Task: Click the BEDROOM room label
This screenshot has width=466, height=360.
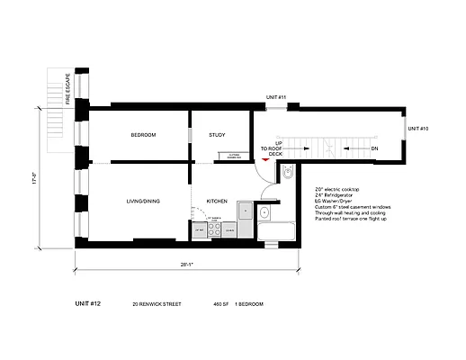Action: [143, 135]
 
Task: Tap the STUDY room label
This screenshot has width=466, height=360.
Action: [217, 135]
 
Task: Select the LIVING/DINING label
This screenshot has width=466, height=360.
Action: [143, 201]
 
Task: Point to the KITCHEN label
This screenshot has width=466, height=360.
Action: [217, 201]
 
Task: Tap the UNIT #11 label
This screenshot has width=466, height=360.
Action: [275, 97]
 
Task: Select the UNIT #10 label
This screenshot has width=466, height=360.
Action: [417, 129]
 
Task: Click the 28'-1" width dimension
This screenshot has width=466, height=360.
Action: [186, 265]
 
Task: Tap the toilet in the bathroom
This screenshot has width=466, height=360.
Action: [288, 175]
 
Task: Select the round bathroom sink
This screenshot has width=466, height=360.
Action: [264, 214]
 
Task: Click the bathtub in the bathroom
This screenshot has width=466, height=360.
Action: [278, 233]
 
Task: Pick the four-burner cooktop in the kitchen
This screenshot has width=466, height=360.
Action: [214, 229]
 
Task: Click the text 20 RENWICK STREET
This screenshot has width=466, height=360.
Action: [157, 305]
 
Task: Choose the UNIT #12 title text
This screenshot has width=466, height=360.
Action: [88, 304]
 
